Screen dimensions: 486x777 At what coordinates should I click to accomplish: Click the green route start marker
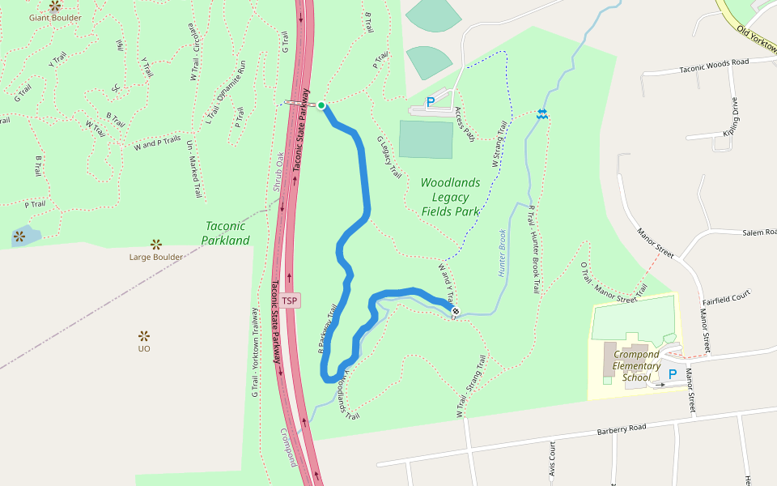point(321,105)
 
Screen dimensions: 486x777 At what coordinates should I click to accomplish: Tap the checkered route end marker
point(456,310)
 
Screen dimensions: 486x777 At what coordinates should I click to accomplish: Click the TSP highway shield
point(290,301)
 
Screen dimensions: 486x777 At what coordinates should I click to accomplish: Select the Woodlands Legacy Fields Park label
point(450,197)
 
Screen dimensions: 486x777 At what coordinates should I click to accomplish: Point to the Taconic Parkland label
point(225,233)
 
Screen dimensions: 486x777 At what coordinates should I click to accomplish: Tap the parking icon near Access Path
point(431,102)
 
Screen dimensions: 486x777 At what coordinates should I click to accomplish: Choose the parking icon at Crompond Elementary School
point(672,374)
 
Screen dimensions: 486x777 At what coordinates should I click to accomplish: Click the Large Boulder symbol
point(156,244)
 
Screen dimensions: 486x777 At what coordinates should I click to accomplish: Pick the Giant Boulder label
point(55,17)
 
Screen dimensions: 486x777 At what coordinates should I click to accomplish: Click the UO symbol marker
point(144,335)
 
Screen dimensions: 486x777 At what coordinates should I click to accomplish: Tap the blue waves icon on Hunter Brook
point(542,115)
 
